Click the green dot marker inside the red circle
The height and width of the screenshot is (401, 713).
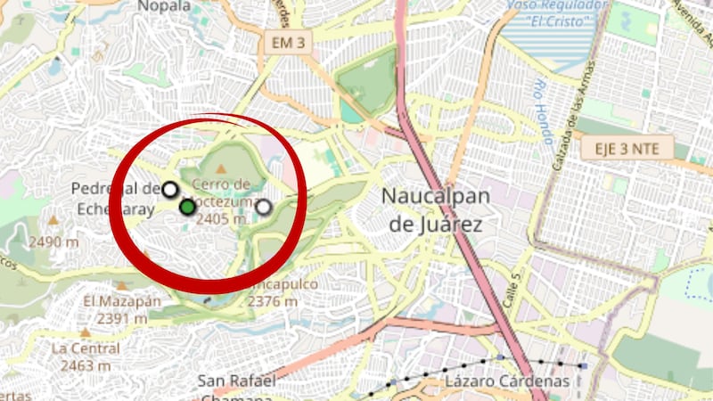[187, 208]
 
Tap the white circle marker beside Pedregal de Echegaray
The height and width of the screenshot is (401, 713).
[169, 189]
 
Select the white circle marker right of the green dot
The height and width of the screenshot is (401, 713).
[264, 208]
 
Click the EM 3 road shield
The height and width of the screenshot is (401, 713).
[287, 42]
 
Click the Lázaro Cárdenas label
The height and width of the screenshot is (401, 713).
[507, 381]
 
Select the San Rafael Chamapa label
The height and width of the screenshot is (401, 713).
[236, 388]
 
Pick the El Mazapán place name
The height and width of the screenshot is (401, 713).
[122, 301]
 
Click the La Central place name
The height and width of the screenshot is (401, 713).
[86, 348]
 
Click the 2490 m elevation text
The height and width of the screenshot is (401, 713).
[53, 241]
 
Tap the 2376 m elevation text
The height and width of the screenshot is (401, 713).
[273, 301]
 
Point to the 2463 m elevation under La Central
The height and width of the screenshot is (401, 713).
[86, 364]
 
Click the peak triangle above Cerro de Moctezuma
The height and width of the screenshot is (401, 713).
[220, 168]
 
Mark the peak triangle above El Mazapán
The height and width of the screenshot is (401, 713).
[121, 286]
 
